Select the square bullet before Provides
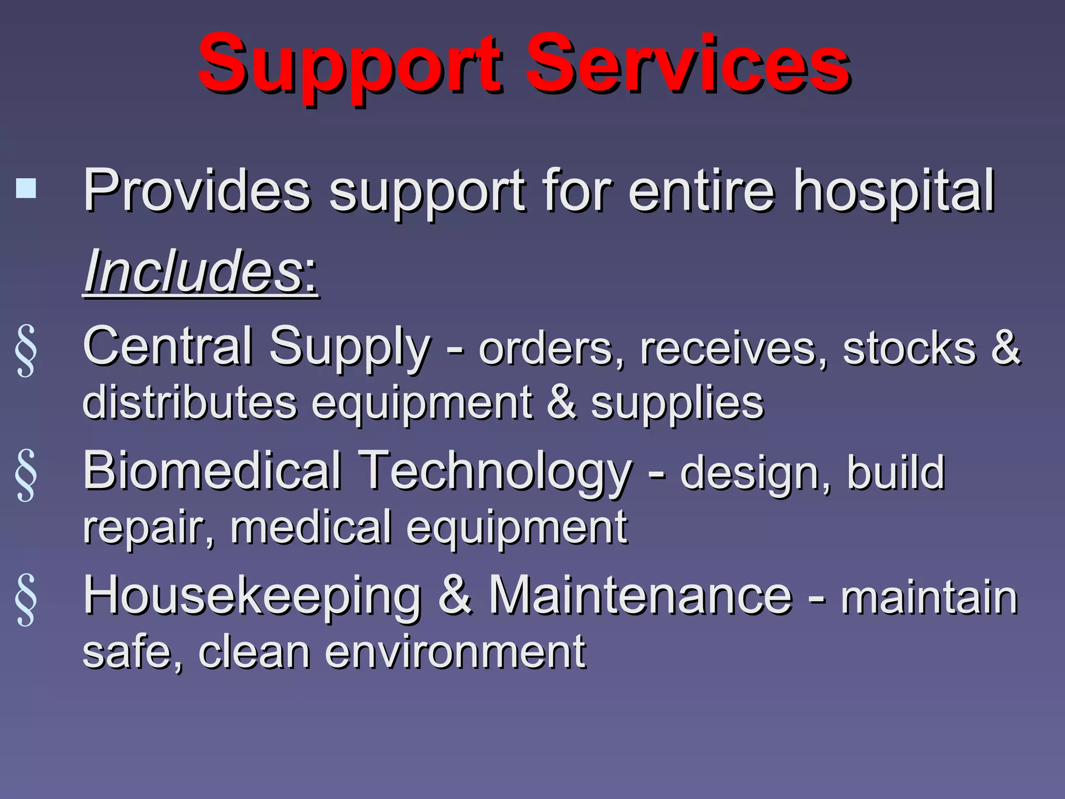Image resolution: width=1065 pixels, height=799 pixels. click(26, 188)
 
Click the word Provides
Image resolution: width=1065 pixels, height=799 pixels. click(197, 191)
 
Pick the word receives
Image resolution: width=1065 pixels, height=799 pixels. click(733, 349)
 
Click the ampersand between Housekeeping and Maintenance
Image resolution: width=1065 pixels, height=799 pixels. click(456, 596)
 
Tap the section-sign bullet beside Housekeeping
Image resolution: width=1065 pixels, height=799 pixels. click(26, 599)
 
